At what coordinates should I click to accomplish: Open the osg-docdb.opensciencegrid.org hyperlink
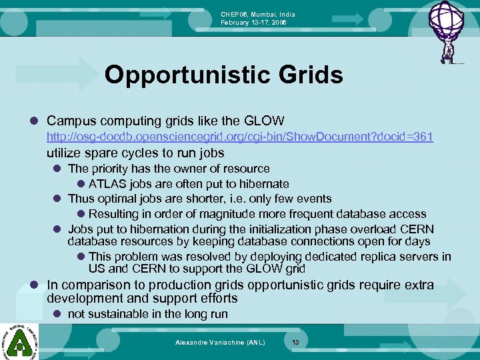pyautogui.click(x=239, y=137)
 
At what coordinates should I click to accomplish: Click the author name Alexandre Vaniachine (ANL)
pyautogui.click(x=220, y=342)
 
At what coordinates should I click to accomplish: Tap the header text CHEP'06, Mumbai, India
pyautogui.click(x=258, y=14)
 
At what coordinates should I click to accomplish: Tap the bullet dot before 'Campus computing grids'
pyautogui.click(x=34, y=121)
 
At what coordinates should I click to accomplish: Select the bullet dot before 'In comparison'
pyautogui.click(x=34, y=285)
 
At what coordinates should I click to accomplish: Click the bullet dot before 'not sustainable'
pyautogui.click(x=58, y=314)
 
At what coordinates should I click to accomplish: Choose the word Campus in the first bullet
pyautogui.click(x=71, y=121)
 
